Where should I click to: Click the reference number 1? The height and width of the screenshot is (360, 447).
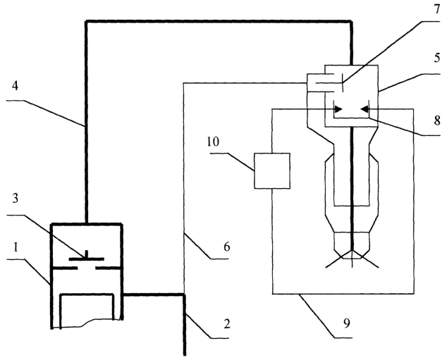tap(16, 247)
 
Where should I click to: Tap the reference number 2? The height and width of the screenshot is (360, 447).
tap(226, 324)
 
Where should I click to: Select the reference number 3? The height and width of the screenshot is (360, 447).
tap(16, 198)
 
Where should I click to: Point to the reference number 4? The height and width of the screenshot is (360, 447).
tap(15, 85)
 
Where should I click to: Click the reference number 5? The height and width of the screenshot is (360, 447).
tap(437, 58)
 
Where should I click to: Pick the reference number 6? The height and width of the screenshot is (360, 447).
tap(226, 247)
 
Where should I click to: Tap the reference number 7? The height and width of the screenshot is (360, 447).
tap(437, 9)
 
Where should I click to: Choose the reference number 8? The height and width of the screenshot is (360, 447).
tap(437, 120)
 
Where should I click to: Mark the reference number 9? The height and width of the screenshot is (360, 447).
tap(346, 323)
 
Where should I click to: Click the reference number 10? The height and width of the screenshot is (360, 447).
tap(213, 142)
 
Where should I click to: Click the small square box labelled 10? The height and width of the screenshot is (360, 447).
tap(272, 171)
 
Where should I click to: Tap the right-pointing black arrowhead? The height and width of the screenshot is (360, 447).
tap(338, 108)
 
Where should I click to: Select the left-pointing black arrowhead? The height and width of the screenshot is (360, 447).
tap(365, 108)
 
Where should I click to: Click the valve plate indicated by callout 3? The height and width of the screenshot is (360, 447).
tap(87, 259)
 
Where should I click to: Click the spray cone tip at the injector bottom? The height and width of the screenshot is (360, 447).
tap(353, 251)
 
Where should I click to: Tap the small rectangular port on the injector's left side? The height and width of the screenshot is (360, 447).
tap(316, 82)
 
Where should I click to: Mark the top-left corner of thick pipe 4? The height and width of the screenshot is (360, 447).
tap(86, 21)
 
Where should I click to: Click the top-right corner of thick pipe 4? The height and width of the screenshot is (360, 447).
tap(351, 21)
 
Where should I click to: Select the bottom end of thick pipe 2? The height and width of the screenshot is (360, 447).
tap(185, 355)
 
